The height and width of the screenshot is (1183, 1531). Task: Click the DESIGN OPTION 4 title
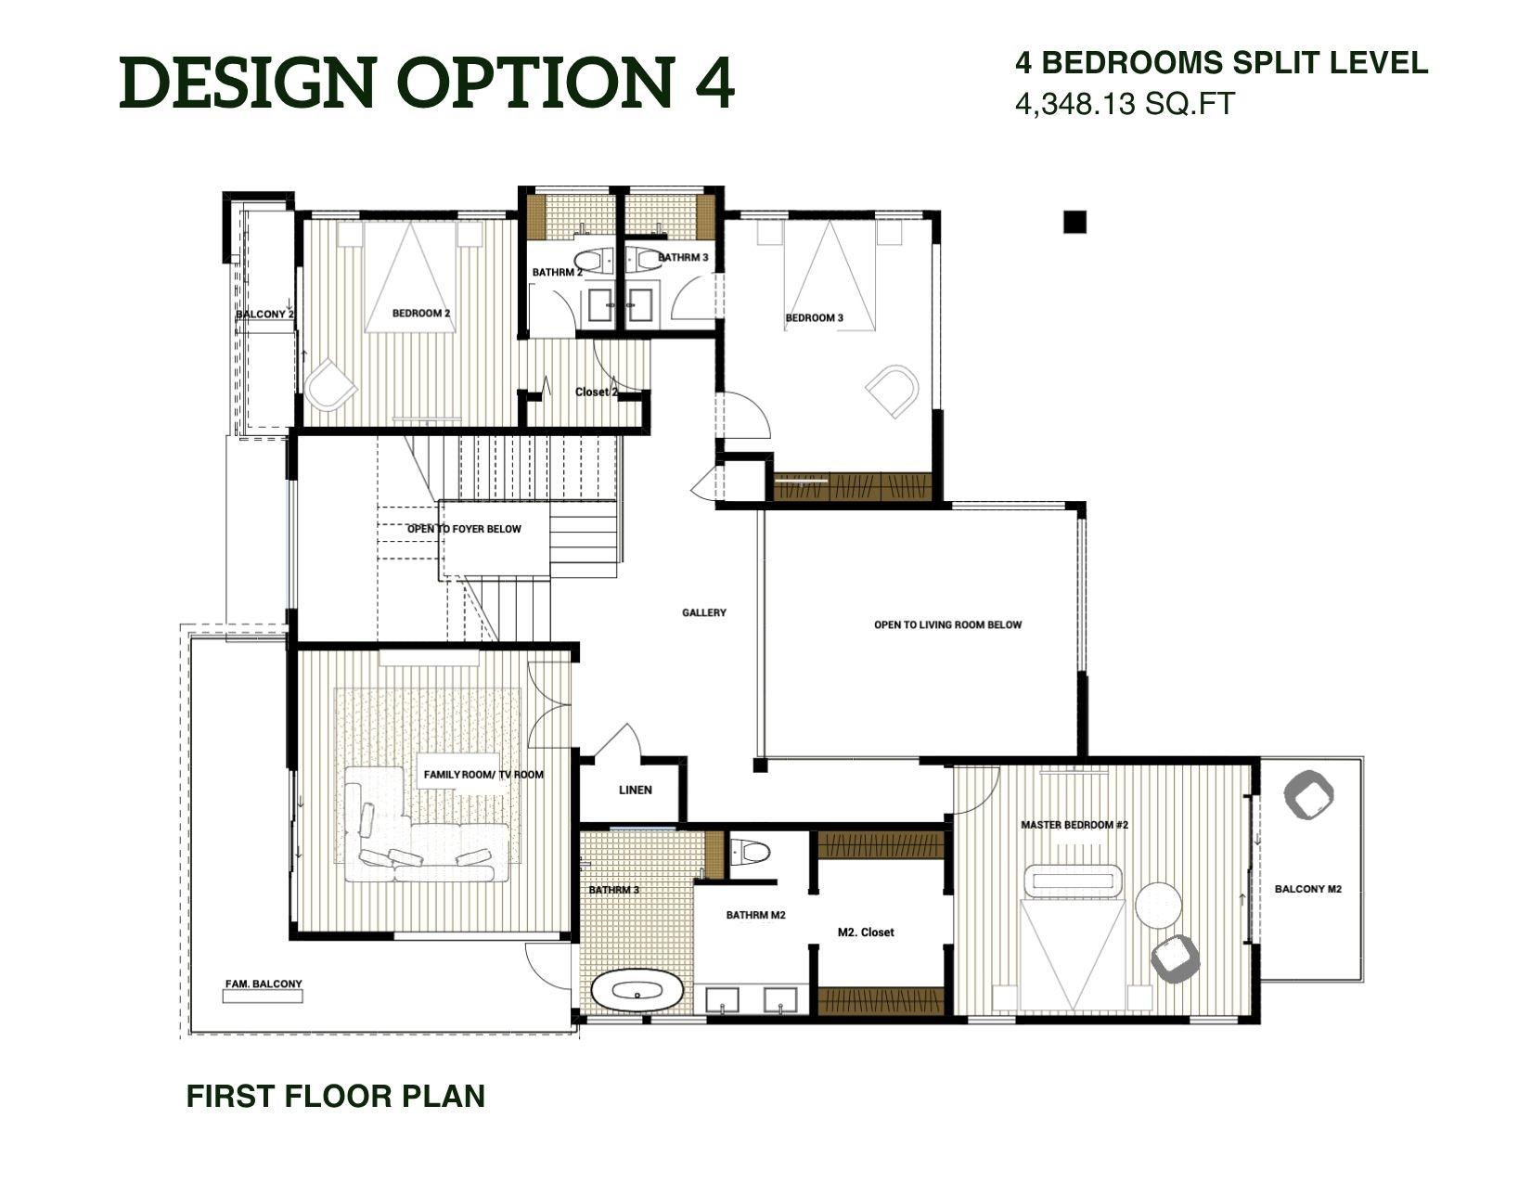click(427, 84)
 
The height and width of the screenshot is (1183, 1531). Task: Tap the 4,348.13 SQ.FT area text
click(1125, 104)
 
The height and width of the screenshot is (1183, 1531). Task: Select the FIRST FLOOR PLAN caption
click(336, 1096)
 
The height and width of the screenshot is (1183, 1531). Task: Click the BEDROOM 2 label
click(421, 314)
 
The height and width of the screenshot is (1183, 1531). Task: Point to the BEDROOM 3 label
click(815, 318)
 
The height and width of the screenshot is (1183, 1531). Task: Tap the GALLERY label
click(704, 612)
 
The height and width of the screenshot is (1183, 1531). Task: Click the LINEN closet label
click(636, 791)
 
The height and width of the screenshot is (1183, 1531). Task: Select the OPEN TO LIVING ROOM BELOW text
click(947, 625)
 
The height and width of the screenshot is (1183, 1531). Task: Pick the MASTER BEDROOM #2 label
click(1074, 825)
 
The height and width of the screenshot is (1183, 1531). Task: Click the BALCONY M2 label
click(1308, 889)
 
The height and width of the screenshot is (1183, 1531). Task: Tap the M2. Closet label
click(866, 932)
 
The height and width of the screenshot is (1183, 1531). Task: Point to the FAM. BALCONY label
click(264, 984)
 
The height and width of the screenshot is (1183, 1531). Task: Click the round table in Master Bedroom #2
click(1159, 904)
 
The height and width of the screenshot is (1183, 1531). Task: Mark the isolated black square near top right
click(1074, 222)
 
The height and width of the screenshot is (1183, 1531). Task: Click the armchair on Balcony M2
click(1308, 793)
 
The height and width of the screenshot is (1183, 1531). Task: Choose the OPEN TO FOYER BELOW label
click(464, 529)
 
